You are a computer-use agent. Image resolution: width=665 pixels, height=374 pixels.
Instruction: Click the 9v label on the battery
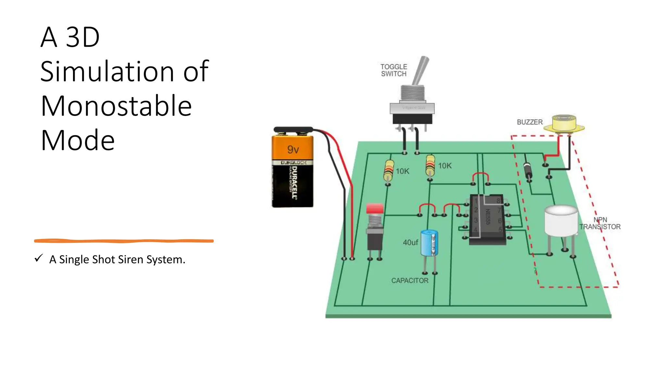click(293, 149)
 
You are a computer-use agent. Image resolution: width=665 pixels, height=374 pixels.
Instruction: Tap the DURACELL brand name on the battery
click(294, 182)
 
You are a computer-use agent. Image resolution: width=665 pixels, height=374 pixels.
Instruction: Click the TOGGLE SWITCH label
click(394, 70)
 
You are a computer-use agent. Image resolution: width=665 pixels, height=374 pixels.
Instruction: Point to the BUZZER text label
click(530, 122)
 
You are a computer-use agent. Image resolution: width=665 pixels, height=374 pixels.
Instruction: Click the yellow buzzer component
click(564, 124)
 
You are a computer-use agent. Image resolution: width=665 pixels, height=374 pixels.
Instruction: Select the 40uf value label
click(410, 243)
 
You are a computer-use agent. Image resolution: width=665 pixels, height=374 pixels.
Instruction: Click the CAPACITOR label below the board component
click(409, 280)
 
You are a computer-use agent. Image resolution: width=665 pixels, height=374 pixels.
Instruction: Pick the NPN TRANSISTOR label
click(600, 223)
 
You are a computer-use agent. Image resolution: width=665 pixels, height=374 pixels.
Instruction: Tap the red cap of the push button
click(375, 208)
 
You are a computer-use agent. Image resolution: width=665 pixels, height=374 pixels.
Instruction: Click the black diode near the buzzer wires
click(528, 171)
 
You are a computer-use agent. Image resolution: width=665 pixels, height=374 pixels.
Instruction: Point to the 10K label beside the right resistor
click(445, 166)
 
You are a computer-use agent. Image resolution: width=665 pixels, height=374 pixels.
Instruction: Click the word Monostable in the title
click(116, 106)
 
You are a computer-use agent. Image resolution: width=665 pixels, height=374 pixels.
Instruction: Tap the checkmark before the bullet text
click(39, 258)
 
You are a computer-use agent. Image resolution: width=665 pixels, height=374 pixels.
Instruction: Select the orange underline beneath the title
click(124, 241)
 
